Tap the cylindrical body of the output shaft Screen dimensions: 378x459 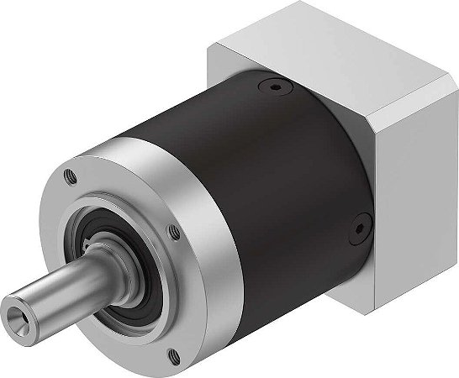[67, 290]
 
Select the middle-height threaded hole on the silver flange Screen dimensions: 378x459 [173, 229]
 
